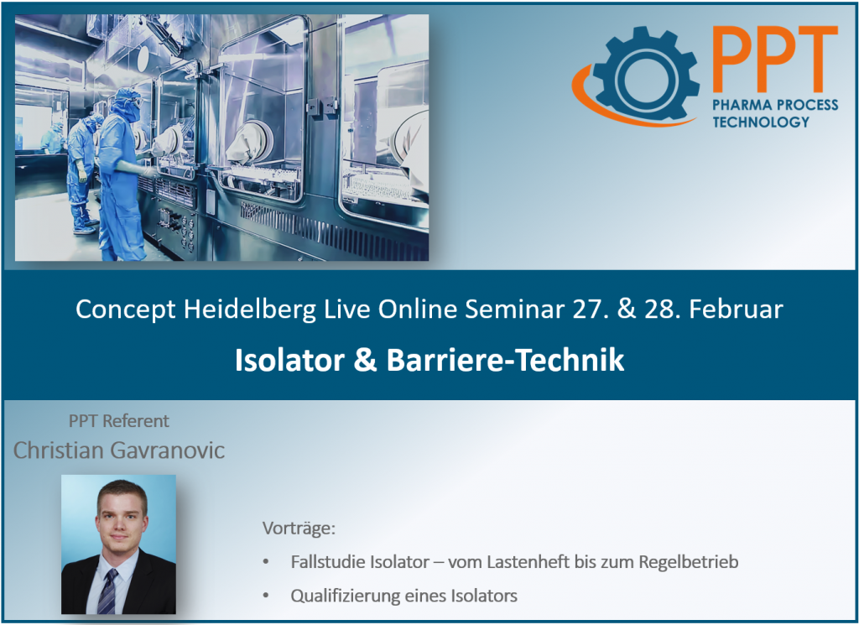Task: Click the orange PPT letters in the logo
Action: [x=773, y=60]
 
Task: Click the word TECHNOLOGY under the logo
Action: [x=762, y=122]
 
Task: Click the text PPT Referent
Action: [x=118, y=421]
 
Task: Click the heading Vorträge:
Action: [x=299, y=529]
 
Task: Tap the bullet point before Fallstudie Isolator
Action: [x=267, y=562]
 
